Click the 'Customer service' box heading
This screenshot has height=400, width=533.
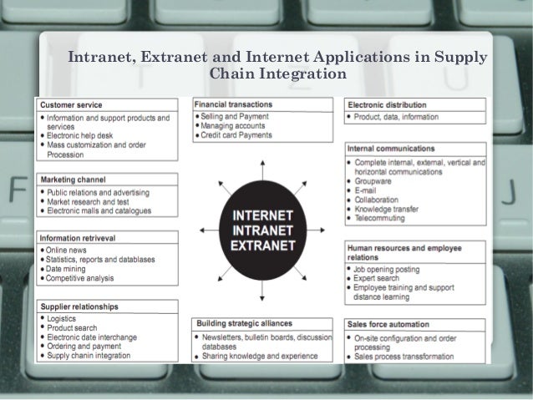coord(72,105)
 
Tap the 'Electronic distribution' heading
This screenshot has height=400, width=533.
coord(386,104)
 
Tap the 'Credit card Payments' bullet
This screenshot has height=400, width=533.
coord(236,135)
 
